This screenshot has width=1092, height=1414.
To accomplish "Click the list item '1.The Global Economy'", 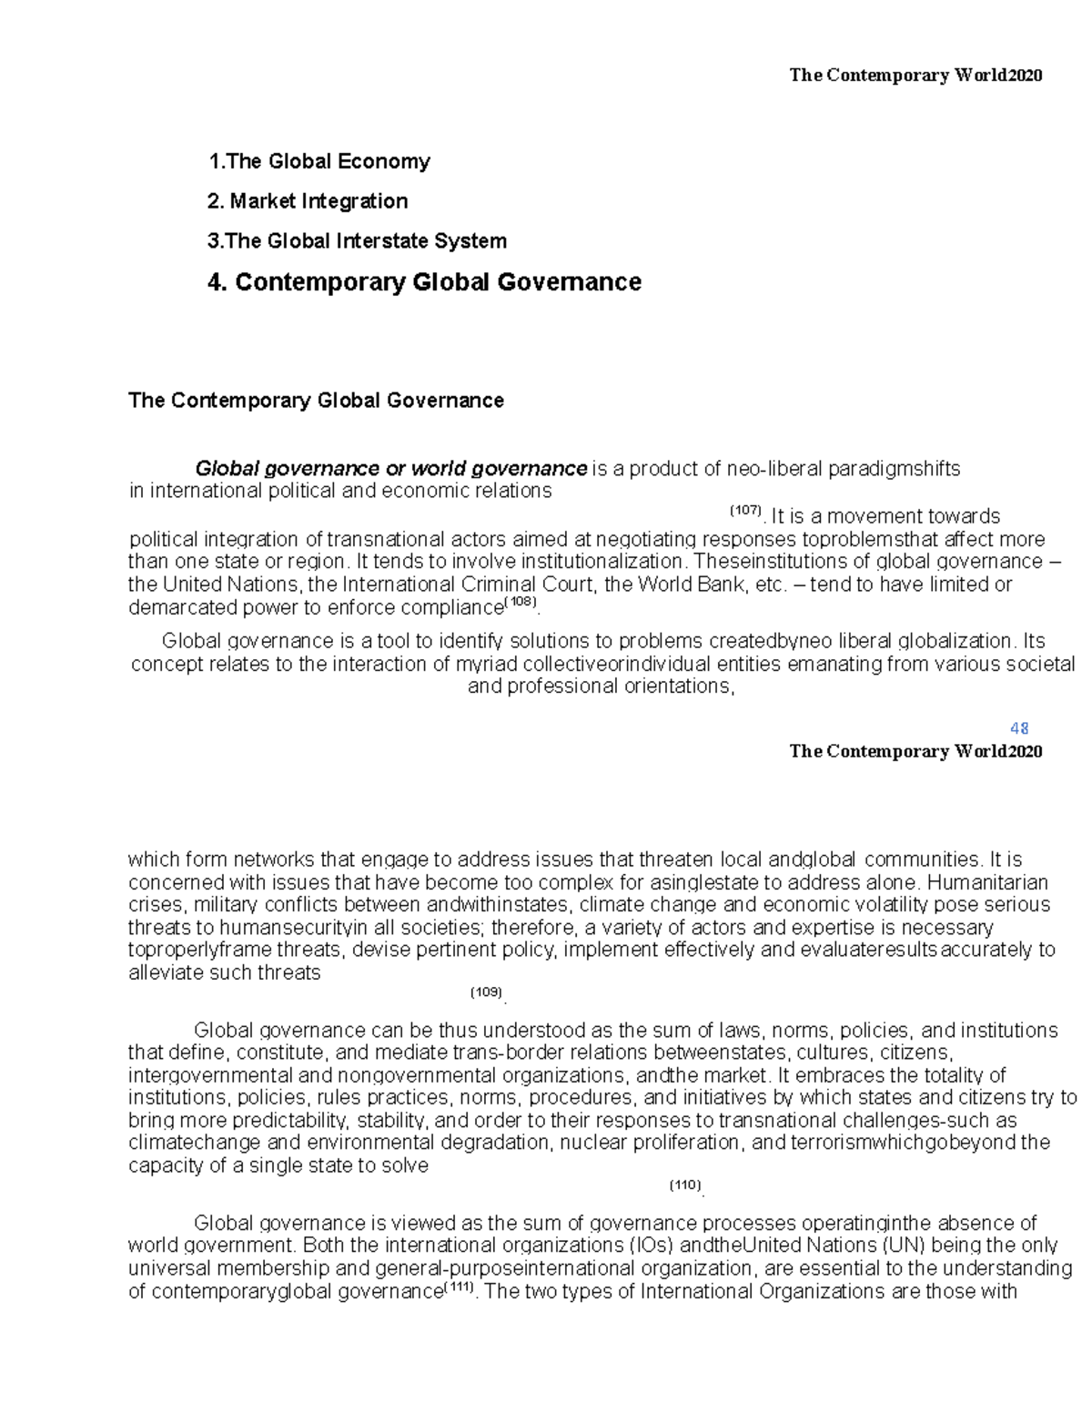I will point(318,162).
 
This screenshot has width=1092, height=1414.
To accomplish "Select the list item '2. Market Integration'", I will point(308,201).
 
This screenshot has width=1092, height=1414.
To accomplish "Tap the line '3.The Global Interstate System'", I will point(357,241).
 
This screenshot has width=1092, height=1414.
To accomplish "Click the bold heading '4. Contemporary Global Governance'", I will point(424,282).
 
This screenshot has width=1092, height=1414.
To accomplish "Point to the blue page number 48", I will point(1019,728).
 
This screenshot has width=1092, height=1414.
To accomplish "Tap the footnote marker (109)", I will point(486,992).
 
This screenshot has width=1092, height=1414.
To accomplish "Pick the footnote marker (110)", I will point(685,1185).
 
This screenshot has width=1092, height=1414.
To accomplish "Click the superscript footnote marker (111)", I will point(457,1287).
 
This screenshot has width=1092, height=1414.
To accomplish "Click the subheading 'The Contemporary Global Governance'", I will point(316,401).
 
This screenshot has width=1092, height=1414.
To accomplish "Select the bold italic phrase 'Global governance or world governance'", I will point(391,469).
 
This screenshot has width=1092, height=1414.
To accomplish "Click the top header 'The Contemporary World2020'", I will point(915,76).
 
